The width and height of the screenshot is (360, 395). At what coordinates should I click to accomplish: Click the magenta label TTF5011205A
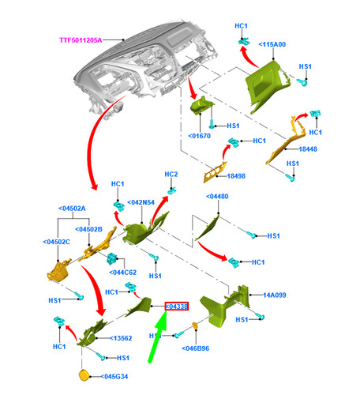click(81, 40)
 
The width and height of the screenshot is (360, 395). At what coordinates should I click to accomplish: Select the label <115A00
click(272, 44)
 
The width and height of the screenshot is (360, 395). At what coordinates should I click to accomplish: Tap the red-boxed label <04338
click(177, 307)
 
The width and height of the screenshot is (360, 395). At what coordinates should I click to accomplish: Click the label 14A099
click(275, 295)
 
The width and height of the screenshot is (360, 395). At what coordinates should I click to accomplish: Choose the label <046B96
click(196, 348)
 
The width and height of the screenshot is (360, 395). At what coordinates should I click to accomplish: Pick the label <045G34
click(114, 377)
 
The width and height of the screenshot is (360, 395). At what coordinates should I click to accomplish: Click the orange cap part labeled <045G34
click(84, 375)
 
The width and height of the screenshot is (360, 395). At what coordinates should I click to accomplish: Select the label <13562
click(121, 338)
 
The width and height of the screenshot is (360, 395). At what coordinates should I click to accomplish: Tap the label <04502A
click(72, 209)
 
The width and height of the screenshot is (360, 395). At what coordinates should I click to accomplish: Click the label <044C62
click(123, 273)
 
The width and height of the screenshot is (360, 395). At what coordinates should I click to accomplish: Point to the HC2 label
click(171, 175)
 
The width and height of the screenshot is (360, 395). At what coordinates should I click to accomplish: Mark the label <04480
click(217, 197)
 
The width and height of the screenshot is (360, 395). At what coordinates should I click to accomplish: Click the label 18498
click(236, 176)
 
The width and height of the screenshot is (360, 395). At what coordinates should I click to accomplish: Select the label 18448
click(308, 149)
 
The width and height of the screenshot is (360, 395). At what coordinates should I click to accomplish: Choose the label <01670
click(200, 136)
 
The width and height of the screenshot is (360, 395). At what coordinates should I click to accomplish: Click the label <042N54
click(141, 202)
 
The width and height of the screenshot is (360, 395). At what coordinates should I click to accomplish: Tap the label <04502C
click(57, 242)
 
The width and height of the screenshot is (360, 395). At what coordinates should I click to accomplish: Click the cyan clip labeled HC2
click(171, 190)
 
